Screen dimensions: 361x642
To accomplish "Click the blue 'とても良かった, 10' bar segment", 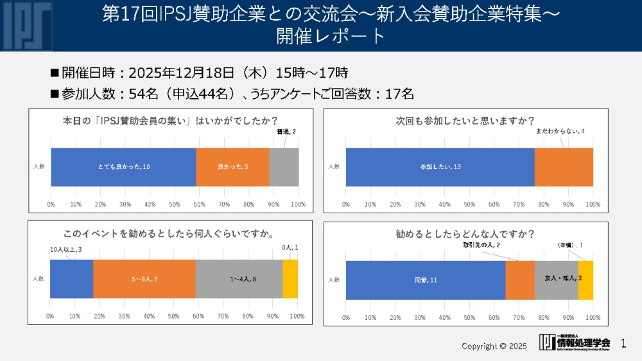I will (123, 167).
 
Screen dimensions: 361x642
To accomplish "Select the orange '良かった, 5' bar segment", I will (232, 167).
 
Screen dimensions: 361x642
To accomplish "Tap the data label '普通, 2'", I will (286, 132).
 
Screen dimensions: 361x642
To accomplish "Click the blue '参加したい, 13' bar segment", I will (440, 167).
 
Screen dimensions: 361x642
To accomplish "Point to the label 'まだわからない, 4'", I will (560, 132).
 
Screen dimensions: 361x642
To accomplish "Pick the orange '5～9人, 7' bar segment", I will (144, 279).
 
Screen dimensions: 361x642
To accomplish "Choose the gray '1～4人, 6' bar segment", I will (239, 279).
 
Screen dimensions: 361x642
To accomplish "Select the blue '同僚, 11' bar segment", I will (425, 280).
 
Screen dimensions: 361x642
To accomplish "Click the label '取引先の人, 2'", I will (481, 245).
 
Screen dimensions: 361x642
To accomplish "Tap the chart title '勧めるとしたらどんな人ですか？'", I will (465, 234).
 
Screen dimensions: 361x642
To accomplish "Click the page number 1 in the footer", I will (623, 344).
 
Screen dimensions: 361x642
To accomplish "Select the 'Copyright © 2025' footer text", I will (494, 346).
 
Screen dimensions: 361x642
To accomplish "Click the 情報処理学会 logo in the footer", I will (575, 343).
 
